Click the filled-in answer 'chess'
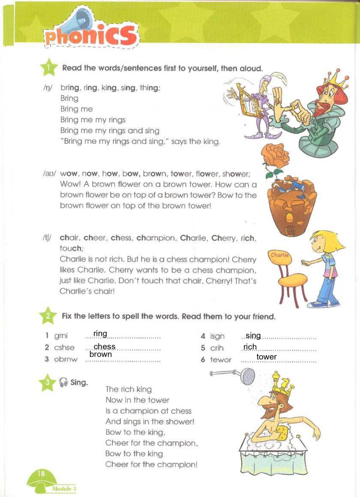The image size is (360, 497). coord(104,347)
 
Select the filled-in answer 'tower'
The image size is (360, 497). coord(266,357)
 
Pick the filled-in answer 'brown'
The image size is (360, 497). coord(101,354)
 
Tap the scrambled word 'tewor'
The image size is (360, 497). coord(221,360)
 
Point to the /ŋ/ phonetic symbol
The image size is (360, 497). coord(47,88)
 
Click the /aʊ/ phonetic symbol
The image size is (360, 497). coord(49,173)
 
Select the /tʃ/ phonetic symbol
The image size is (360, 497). coord(47,238)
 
